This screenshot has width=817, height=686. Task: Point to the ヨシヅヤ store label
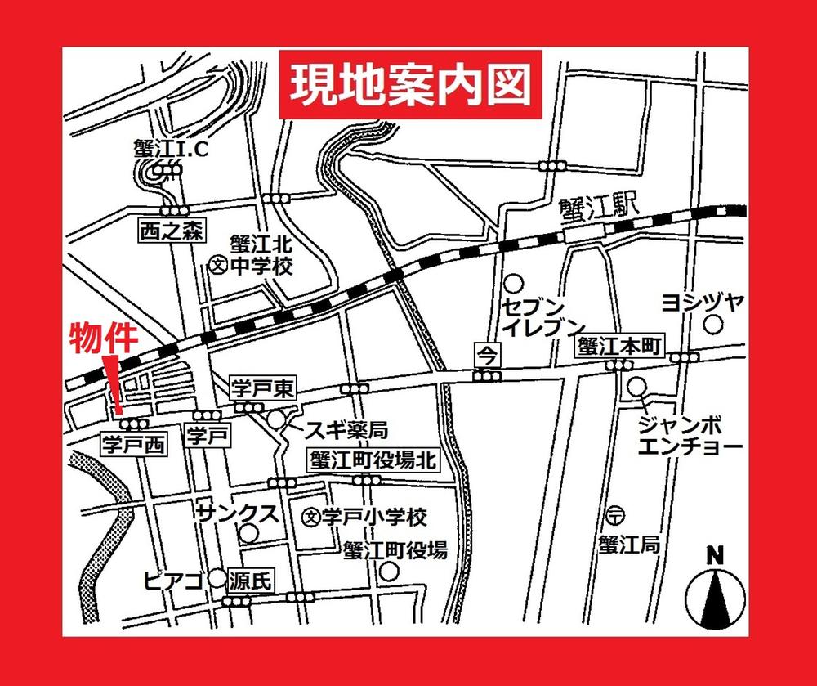[702, 302]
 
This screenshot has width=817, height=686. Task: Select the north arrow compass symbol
[715, 593]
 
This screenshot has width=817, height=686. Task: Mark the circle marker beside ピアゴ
[217, 579]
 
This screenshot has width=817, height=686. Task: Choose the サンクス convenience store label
[239, 514]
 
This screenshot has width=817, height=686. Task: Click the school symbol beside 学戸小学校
[310, 517]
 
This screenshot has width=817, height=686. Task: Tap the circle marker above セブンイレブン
[513, 285]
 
